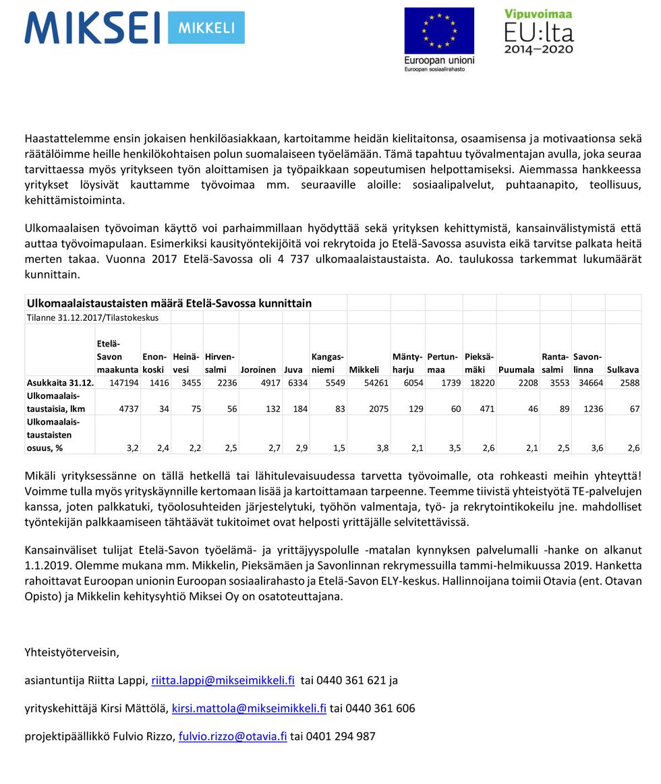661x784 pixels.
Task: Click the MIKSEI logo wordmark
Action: tap(92, 28)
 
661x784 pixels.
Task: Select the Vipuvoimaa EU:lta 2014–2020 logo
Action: tap(539, 32)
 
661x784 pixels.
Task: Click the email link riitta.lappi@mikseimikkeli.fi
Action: tap(223, 680)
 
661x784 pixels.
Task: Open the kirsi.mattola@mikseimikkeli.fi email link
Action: tap(249, 708)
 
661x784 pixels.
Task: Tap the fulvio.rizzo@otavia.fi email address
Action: tap(233, 736)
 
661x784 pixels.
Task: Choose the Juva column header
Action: tap(293, 369)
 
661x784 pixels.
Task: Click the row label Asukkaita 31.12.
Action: tap(59, 382)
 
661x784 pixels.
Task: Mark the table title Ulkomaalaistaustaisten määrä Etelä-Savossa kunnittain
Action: tap(169, 303)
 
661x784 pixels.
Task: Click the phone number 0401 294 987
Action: tap(341, 736)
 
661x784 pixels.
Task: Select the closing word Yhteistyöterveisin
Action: tap(71, 652)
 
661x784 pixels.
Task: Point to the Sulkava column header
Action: tap(623, 369)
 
